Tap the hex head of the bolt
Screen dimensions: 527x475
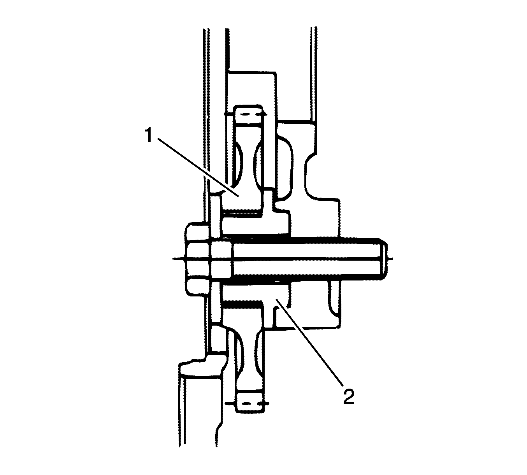click(199, 259)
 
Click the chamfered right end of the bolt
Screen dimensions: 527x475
click(384, 259)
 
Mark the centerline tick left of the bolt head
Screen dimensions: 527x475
click(179, 259)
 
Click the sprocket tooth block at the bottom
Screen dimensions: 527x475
click(250, 403)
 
